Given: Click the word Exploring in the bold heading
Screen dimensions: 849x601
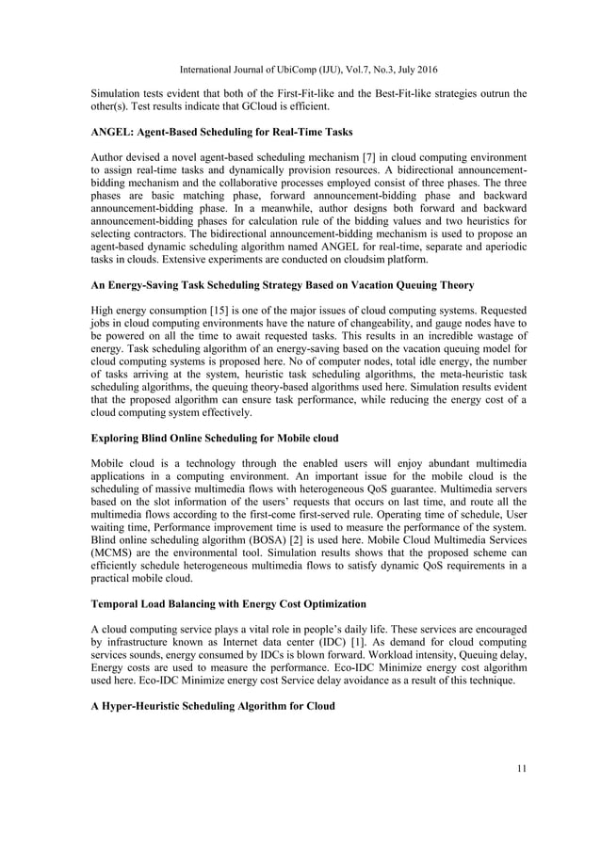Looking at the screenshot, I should [x=118, y=438].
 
